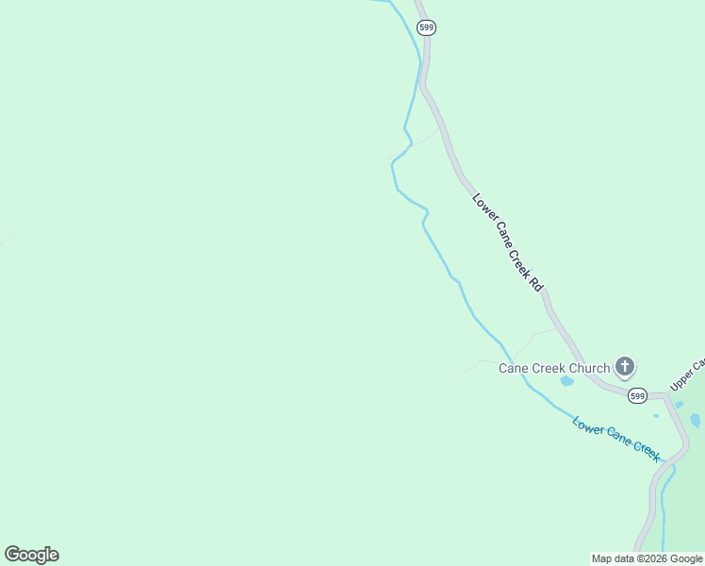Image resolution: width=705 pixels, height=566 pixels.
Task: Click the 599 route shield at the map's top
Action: [427, 28]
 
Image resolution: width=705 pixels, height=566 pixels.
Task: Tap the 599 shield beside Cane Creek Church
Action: [638, 396]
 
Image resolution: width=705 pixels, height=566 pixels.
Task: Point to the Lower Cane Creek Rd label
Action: [509, 242]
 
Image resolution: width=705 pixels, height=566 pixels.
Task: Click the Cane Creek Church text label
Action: [554, 368]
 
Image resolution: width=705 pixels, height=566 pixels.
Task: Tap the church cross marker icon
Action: [624, 366]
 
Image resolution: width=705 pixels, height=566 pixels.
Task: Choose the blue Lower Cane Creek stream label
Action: [617, 438]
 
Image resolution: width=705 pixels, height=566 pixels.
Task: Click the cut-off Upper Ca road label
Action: [688, 375]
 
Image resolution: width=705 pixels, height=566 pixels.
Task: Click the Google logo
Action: [31, 555]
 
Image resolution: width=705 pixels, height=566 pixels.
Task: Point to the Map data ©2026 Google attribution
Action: [648, 558]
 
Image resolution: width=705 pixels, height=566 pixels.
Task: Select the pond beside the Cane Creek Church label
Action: [566, 381]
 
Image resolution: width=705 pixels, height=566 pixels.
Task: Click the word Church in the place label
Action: [589, 368]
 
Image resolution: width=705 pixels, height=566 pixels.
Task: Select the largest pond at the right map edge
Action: [696, 420]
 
